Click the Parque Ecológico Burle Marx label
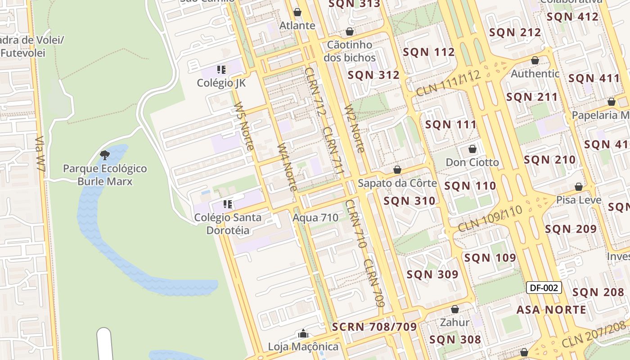(105, 175)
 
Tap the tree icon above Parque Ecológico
(105, 156)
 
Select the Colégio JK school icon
(221, 70)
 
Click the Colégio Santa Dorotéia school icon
(228, 205)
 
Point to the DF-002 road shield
(544, 288)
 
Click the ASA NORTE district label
(551, 310)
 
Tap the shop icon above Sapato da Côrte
(397, 170)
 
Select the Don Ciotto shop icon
(472, 149)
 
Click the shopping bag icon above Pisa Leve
(579, 187)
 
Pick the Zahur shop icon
(455, 309)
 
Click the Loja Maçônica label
(303, 346)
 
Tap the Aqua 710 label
(315, 218)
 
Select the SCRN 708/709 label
(374, 327)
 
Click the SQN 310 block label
(409, 201)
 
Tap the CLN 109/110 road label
(490, 219)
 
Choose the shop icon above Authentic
(535, 60)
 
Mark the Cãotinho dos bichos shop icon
(349, 32)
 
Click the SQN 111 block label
(450, 125)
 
